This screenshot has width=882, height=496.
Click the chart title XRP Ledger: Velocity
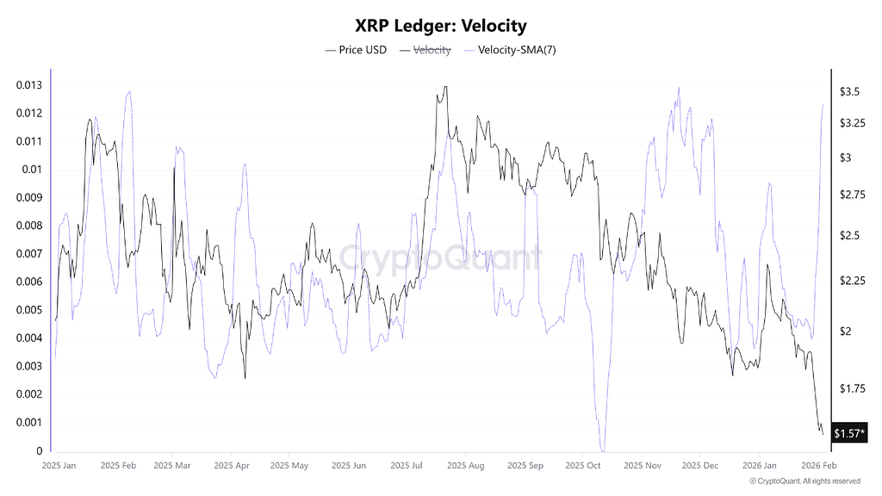pos(440,27)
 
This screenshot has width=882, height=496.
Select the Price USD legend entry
pos(356,50)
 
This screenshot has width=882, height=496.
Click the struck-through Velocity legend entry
pos(425,50)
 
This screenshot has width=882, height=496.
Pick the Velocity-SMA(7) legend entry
pos(510,50)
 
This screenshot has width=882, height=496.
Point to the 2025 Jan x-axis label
pos(59,465)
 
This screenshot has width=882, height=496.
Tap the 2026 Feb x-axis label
pos(818,465)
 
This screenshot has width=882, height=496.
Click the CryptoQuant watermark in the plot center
pos(440,257)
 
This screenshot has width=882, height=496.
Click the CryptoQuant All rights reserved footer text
pos(804,480)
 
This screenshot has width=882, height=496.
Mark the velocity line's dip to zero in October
pos(603,449)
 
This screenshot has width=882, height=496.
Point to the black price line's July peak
pos(444,87)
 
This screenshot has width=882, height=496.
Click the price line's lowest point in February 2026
pos(822,432)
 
